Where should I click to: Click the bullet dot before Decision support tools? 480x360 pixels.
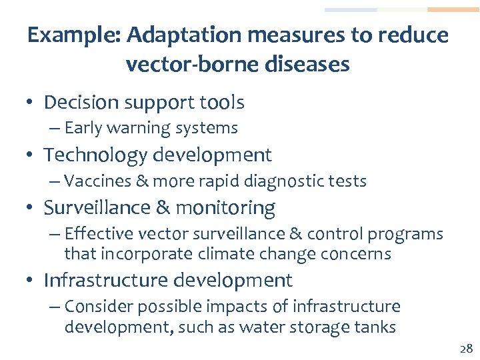[31, 103]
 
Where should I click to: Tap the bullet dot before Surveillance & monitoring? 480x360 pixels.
[31, 208]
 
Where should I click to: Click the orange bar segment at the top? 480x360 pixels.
[453, 10]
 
